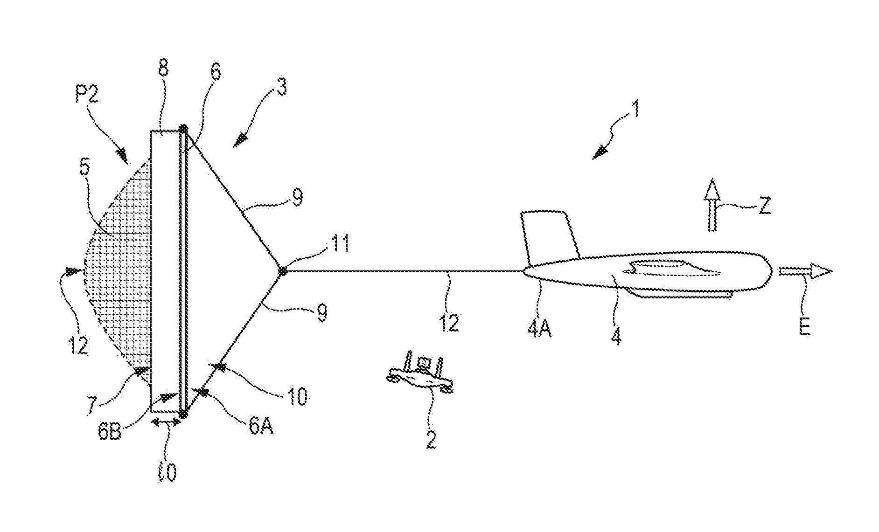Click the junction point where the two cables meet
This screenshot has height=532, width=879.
coord(282,271)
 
